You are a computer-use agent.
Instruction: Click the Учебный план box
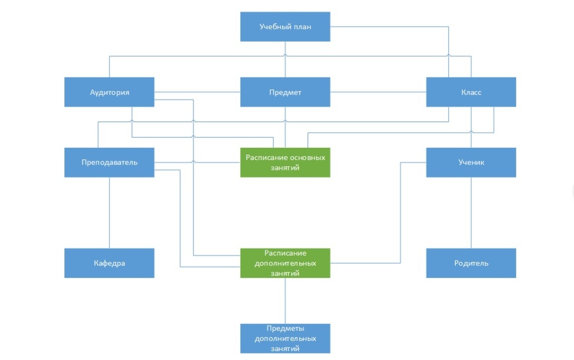click(x=285, y=27)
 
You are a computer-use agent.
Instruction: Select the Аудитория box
click(x=110, y=92)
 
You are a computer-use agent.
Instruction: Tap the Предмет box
click(x=285, y=92)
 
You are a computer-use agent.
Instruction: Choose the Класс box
click(x=471, y=92)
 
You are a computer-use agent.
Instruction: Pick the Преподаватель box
click(x=110, y=162)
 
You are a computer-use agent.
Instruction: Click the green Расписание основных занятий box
click(x=285, y=162)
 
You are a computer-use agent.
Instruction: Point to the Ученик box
click(x=471, y=162)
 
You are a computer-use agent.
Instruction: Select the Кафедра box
click(x=110, y=263)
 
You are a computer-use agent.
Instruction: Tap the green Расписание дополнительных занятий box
click(x=285, y=263)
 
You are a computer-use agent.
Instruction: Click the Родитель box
click(x=471, y=263)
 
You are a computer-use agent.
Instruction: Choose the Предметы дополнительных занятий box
click(x=285, y=338)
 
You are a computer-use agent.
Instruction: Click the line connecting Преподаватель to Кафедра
click(x=110, y=213)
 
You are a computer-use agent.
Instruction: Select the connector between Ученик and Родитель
click(x=471, y=213)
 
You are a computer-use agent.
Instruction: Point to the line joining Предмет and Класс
click(x=378, y=92)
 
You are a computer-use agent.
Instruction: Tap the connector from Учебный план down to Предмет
click(x=285, y=59)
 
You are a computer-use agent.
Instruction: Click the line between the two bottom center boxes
click(x=285, y=301)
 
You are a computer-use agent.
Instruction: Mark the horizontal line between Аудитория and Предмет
click(x=198, y=92)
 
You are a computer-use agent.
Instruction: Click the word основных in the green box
click(x=308, y=158)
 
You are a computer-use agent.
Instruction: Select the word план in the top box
click(x=303, y=27)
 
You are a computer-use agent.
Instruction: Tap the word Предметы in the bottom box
click(x=285, y=328)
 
